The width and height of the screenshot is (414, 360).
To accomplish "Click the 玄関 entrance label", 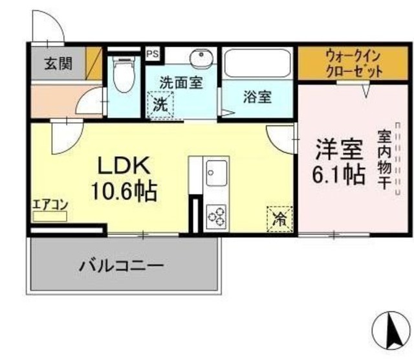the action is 58,63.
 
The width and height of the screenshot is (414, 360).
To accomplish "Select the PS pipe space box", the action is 153,54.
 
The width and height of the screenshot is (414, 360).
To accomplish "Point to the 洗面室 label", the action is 181,83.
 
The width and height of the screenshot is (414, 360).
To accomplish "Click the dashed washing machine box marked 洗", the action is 160,105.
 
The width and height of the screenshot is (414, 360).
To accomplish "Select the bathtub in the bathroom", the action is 257,63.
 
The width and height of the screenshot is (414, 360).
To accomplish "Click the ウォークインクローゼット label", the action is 354,63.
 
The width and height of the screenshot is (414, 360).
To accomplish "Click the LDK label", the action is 124,166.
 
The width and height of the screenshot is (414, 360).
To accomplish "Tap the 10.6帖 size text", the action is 124,191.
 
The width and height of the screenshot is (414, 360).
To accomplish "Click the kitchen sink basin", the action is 217,173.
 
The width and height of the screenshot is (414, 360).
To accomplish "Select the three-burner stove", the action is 217,216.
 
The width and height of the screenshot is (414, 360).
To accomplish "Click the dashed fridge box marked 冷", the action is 279,219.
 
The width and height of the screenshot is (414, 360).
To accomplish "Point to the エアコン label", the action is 50,205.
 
